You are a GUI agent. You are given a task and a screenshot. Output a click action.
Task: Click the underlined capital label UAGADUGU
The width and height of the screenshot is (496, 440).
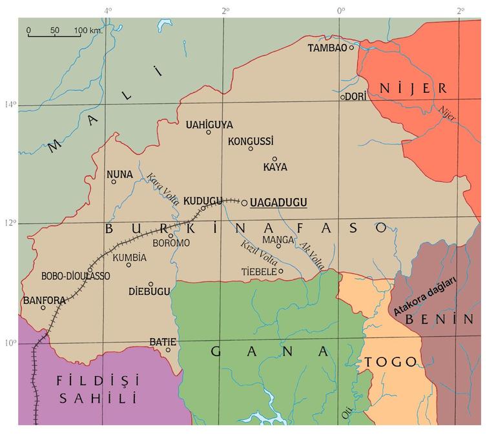pos(278,203)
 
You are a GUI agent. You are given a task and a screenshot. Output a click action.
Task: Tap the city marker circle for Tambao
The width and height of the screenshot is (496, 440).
pos(352,48)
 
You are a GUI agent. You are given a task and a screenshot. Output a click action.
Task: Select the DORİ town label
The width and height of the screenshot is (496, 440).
pos(356,95)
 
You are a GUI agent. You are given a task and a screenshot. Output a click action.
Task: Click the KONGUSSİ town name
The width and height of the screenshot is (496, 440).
pos(251,140)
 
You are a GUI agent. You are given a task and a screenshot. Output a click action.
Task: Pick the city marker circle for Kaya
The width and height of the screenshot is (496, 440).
pos(274,159)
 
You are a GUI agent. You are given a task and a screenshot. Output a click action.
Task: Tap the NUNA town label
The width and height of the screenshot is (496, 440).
pos(119,174)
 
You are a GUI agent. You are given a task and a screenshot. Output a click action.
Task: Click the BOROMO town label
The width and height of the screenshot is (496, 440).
pos(171,243)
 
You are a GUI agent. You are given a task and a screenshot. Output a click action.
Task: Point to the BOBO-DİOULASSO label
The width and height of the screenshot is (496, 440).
pos(76,275)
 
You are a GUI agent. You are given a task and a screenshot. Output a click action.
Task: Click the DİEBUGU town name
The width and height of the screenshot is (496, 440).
pos(149,292)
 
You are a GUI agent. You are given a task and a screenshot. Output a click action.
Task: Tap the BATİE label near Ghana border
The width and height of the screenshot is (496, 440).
pos(163,341)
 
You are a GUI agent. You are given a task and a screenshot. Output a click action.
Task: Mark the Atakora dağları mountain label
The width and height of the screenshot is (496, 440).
pos(426,296)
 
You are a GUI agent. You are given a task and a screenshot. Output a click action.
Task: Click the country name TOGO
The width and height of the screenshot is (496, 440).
pos(391,362)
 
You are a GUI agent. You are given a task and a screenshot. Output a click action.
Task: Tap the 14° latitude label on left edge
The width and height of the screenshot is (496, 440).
pos(10,105)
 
